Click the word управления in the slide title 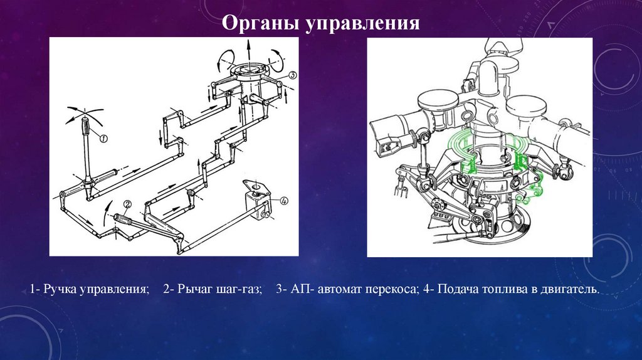[362, 24]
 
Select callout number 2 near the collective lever [127, 204]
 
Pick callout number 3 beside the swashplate [293, 75]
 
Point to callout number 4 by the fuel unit [283, 201]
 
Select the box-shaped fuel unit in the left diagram [257, 200]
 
